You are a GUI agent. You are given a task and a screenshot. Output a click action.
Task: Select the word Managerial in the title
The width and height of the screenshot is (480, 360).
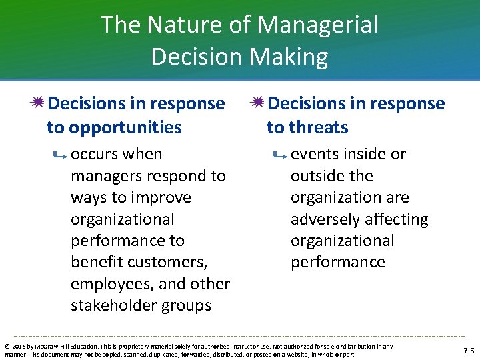(x=317, y=25)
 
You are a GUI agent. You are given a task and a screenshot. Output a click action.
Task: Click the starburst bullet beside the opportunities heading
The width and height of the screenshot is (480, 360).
(x=39, y=103)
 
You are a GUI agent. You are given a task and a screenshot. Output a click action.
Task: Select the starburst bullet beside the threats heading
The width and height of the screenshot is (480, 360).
(x=259, y=103)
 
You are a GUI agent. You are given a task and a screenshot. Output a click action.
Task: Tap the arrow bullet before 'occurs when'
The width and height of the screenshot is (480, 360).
(x=60, y=155)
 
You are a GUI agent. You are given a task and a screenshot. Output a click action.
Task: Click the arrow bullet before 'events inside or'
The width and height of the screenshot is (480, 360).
(x=280, y=155)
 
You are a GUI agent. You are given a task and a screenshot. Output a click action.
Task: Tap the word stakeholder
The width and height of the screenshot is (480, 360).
(x=113, y=305)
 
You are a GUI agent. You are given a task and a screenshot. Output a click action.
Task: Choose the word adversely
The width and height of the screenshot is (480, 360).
(x=323, y=219)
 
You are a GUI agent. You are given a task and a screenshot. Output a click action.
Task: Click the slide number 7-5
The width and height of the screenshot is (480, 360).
(x=469, y=350)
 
